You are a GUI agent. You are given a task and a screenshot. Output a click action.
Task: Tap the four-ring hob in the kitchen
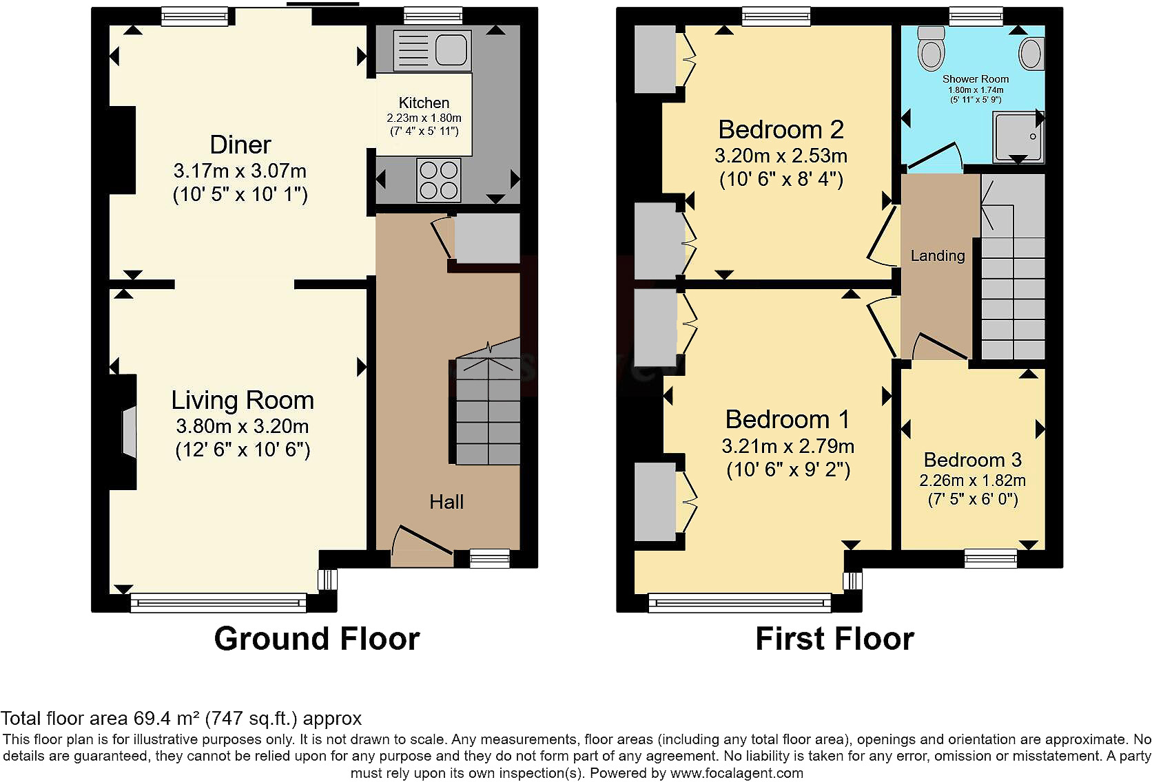coord(439,180)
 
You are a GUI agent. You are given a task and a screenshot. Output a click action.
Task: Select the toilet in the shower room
coord(932,48)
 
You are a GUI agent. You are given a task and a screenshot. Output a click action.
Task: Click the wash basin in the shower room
coord(1031,54)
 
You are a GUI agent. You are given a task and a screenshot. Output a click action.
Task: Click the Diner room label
coord(240,145)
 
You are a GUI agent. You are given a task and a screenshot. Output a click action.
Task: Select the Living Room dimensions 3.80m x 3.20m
coord(243,426)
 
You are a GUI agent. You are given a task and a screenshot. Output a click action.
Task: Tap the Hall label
coord(446,501)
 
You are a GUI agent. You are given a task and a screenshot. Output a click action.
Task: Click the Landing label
coord(938,255)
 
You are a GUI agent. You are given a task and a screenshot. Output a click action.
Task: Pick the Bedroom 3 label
coord(972,459)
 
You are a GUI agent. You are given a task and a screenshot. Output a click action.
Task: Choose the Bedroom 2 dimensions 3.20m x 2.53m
coord(781,155)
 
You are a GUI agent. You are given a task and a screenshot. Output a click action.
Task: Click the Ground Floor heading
coord(317,639)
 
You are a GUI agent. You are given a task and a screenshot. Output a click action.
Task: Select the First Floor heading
coord(834,639)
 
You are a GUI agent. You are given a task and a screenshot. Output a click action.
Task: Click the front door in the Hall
coord(422,545)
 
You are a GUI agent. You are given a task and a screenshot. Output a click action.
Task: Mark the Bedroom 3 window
coord(991,558)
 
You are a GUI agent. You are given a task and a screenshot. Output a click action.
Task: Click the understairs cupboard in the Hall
coord(486,238)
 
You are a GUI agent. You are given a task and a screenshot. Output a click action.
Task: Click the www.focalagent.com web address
coord(737,773)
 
